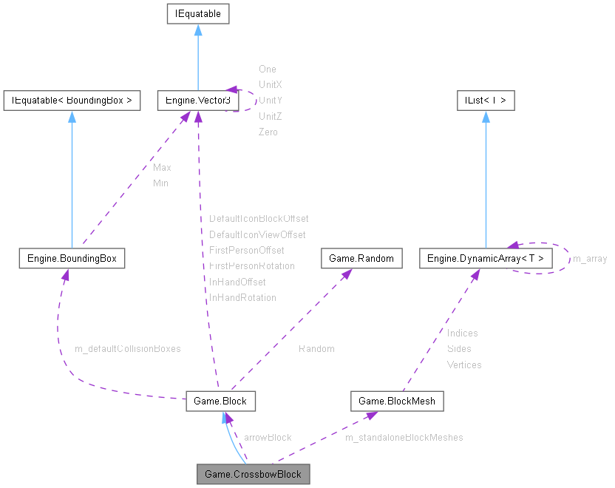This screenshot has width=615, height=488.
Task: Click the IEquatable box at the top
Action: click(x=197, y=13)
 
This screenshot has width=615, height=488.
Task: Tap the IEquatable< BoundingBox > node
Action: click(x=72, y=101)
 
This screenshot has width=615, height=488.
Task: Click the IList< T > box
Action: click(x=486, y=101)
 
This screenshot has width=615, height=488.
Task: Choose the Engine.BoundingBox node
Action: click(x=72, y=258)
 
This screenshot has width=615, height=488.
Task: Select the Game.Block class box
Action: click(x=220, y=401)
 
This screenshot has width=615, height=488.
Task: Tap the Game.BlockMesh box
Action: click(x=398, y=401)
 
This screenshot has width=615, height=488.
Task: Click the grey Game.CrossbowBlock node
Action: click(x=253, y=474)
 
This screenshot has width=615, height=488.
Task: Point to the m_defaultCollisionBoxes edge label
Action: click(x=127, y=348)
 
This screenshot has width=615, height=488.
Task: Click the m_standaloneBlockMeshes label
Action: click(x=404, y=438)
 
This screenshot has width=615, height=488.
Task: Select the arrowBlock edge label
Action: click(x=267, y=438)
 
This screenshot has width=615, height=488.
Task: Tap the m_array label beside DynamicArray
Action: click(x=590, y=259)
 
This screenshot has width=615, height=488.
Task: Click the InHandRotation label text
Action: click(x=242, y=298)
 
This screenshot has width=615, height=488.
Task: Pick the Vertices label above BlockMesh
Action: click(x=463, y=365)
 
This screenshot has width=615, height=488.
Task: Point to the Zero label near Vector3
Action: click(x=268, y=132)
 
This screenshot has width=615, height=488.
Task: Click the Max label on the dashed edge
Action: click(x=162, y=168)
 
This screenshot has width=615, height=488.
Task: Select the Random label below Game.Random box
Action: click(x=316, y=348)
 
